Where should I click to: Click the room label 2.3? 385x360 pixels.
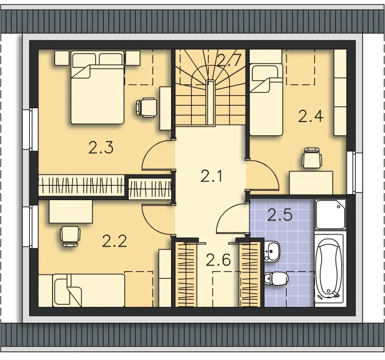[101, 148]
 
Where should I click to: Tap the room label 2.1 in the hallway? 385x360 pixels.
[211, 176]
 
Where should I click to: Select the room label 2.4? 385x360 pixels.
[310, 116]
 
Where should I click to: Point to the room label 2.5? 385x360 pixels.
[280, 215]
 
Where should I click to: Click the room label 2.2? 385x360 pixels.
[115, 241]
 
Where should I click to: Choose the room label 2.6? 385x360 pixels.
[218, 260]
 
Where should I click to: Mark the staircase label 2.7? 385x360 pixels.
[228, 61]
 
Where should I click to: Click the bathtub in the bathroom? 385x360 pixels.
[329, 271]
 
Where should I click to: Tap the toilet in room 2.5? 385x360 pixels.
[276, 278]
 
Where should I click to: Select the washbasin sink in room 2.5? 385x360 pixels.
[272, 251]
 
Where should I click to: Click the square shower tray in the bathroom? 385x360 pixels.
[330, 214]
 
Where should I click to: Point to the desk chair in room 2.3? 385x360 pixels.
[147, 108]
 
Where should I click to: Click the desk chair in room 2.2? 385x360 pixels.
[70, 236]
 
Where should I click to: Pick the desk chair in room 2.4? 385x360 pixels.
[311, 158]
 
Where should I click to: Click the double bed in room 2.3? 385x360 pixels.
[98, 87]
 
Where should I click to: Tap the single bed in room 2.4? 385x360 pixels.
[266, 100]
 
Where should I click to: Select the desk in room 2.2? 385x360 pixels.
[71, 211]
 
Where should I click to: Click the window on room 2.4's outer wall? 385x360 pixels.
[354, 173]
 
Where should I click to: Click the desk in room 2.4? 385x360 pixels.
[311, 183]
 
